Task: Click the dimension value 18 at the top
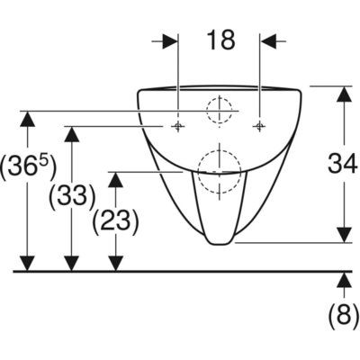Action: point(221,40)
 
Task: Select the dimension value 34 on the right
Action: point(343,163)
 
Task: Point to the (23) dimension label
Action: point(115,220)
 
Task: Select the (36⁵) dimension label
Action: point(28,166)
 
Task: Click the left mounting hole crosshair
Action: point(178,126)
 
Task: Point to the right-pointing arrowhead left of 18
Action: point(170,40)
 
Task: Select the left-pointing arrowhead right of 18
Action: point(268,40)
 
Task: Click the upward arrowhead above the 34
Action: point(344,94)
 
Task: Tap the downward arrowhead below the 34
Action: point(344,234)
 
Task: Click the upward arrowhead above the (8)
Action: point(344,280)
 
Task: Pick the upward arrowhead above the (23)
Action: point(116,180)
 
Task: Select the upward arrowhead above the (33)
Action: point(72,134)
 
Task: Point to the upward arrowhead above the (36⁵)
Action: point(28,119)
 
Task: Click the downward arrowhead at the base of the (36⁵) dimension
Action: point(28,264)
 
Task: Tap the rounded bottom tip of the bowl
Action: point(220,244)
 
